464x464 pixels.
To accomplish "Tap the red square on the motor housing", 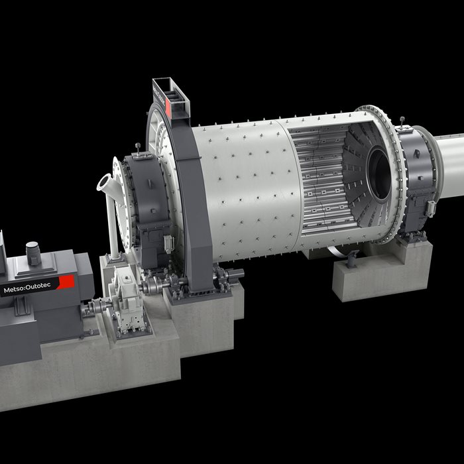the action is tap(66, 282).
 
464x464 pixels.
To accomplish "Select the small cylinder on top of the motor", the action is tap(33, 253).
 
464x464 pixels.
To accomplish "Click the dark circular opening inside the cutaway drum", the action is tap(378, 174).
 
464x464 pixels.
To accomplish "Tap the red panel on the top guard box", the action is tap(168, 107).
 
